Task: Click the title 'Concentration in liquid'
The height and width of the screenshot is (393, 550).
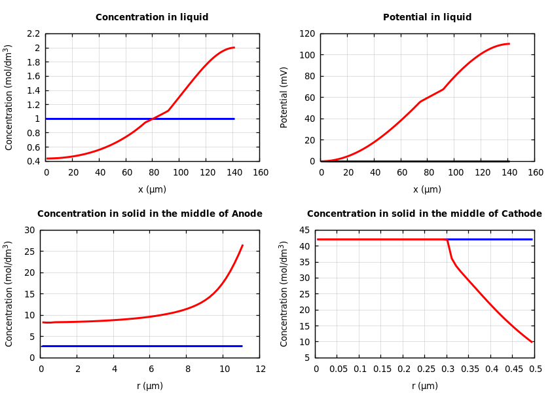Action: tap(152, 18)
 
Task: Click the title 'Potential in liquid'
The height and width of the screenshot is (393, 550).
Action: tap(427, 18)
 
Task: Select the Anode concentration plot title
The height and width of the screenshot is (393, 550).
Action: tap(150, 214)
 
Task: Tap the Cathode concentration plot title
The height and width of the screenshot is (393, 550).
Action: tap(424, 214)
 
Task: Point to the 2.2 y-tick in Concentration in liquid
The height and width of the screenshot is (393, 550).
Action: tap(33, 33)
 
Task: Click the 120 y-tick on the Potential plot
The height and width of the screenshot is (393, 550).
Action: tap(307, 33)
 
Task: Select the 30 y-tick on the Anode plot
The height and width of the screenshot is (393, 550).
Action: tap(28, 230)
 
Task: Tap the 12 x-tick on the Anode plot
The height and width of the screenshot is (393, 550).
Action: tap(260, 369)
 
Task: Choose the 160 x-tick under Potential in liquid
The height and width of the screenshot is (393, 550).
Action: tap(535, 173)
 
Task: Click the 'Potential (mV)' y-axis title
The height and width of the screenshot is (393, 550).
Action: tap(284, 97)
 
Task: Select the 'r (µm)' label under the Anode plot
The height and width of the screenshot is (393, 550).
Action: tap(150, 386)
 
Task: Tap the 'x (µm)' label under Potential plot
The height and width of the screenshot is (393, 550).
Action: tap(427, 189)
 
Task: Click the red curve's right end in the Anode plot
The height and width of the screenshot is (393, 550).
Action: tap(242, 246)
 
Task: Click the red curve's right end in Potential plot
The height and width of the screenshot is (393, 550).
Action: tap(509, 44)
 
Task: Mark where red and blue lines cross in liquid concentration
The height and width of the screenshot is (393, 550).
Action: tap(153, 119)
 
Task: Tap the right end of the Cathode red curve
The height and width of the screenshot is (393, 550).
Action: tap(532, 342)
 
